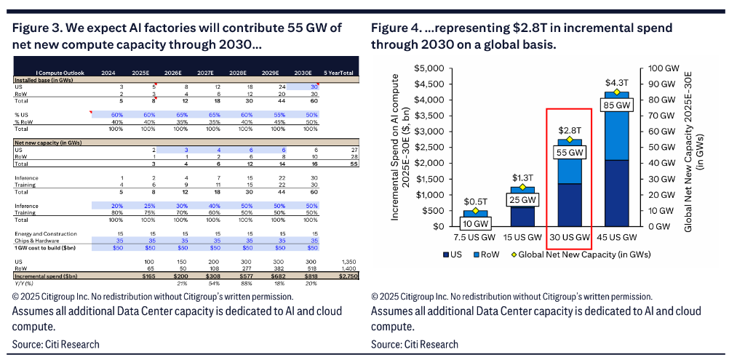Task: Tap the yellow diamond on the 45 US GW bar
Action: click(616, 92)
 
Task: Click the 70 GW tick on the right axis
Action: click(660, 115)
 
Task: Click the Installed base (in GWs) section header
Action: click(44, 79)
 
